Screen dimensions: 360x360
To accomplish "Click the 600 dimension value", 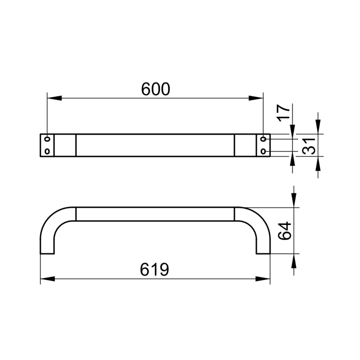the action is point(155,89).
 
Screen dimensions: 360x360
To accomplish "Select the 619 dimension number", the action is point(154,270).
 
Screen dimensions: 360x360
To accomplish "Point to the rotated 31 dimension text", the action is point(309,146).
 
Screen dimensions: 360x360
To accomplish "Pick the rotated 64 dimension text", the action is point(284,231).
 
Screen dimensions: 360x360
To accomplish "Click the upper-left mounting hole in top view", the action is point(47,139).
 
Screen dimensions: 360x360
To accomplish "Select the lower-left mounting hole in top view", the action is point(47,152).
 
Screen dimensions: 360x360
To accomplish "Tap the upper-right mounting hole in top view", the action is point(263,139).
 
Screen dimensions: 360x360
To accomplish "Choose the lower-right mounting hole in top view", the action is point(263,152).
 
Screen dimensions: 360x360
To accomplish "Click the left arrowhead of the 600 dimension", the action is point(54,98).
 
